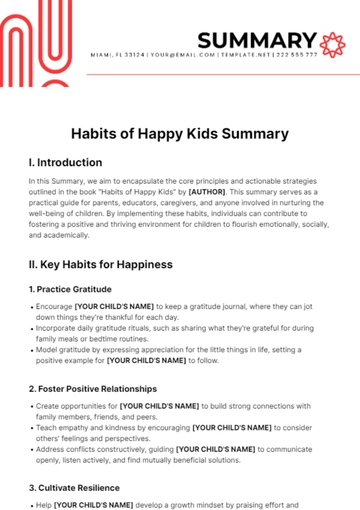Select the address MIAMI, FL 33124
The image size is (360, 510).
pyautogui.click(x=117, y=55)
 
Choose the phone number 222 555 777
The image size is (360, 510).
pyautogui.click(x=296, y=55)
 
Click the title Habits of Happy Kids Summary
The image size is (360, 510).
pyautogui.click(x=180, y=133)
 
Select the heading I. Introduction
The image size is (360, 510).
pyautogui.click(x=66, y=162)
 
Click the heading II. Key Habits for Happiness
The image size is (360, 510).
pyautogui.click(x=101, y=264)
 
